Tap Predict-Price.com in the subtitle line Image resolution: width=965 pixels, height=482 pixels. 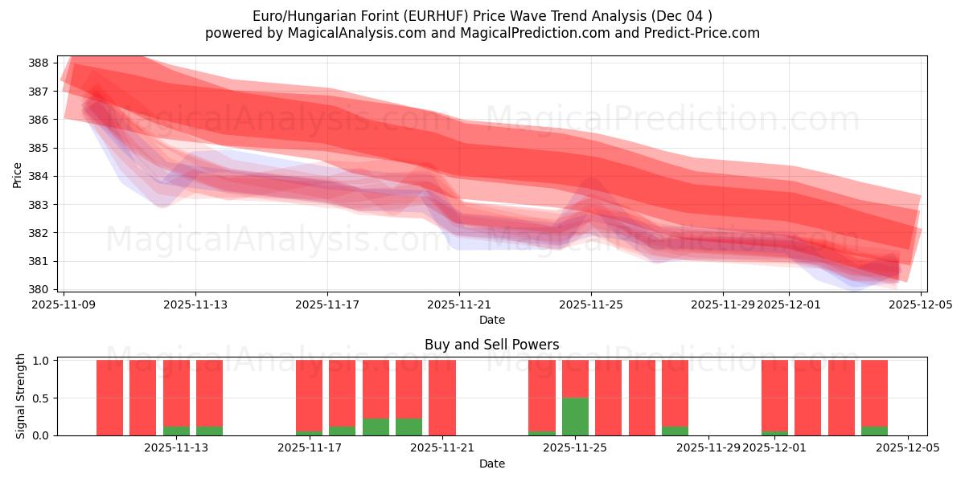[x=698, y=33]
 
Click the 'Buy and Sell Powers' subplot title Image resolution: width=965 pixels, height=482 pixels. [x=491, y=345]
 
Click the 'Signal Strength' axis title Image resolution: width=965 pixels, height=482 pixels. [x=21, y=396]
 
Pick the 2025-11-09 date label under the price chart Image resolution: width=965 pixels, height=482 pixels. [x=64, y=304]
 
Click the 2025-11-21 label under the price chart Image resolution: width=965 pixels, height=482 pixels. [x=459, y=304]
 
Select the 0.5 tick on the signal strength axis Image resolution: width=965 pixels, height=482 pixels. [x=40, y=398]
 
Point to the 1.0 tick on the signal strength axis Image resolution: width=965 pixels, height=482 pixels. [x=40, y=360]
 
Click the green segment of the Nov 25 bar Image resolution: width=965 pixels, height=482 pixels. [x=575, y=416]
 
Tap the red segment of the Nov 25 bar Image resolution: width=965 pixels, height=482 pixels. [x=575, y=378]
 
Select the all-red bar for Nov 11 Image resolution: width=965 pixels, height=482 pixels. [x=142, y=398]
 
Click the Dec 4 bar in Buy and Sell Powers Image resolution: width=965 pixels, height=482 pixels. [x=874, y=394]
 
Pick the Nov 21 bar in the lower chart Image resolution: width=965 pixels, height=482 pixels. [x=442, y=398]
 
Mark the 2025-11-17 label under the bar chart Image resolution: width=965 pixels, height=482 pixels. [x=310, y=447]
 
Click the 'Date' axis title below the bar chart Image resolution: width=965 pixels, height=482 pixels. [x=491, y=464]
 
